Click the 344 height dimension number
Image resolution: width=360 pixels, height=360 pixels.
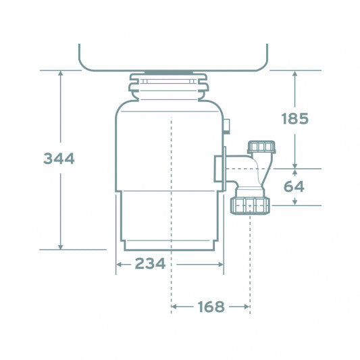click(x=59, y=159)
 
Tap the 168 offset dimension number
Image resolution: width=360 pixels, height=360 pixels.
click(x=211, y=307)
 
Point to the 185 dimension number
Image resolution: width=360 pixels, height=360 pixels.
click(x=294, y=119)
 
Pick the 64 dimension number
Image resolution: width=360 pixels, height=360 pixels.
click(x=294, y=186)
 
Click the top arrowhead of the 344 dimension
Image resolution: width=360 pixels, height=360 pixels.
click(x=61, y=73)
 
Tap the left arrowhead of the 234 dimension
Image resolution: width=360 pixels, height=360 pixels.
click(x=120, y=264)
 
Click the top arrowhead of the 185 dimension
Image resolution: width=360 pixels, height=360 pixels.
click(x=294, y=73)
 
